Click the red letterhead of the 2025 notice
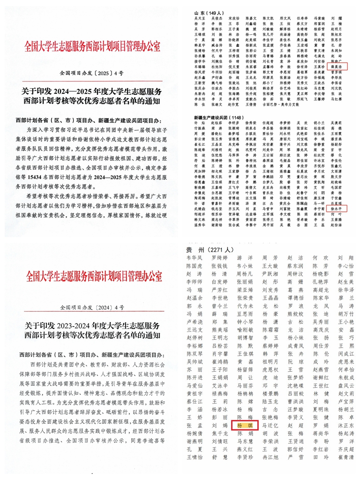92,46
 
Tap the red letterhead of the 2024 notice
92,276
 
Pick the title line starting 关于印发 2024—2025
92,91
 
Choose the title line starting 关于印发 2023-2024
92,325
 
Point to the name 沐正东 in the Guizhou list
346,425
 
